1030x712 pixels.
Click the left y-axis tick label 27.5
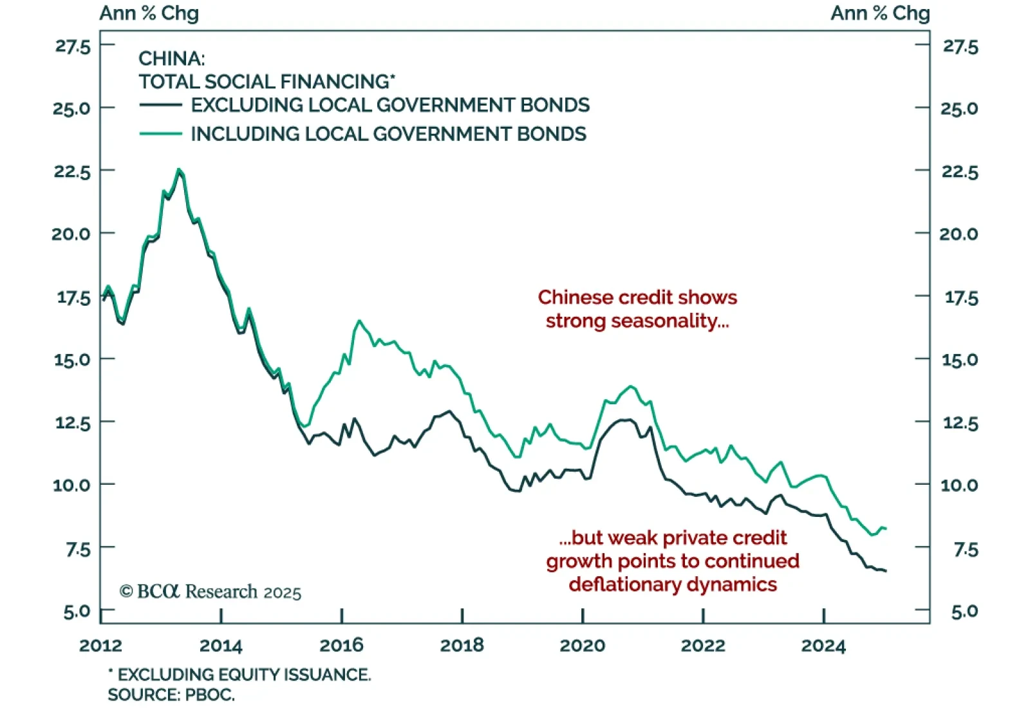73,46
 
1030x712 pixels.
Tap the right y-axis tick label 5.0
964,612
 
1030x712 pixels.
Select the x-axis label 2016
341,646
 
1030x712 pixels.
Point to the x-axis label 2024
823,646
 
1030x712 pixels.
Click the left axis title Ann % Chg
149,14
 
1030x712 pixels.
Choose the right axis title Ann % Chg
879,14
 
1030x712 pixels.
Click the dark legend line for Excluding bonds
160,105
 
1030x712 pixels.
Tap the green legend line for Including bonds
160,134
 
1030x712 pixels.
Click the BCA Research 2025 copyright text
210,592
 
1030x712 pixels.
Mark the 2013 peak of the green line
179,170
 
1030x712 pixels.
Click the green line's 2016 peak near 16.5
359,321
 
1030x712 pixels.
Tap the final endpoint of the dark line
886,571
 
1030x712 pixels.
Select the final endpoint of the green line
886,529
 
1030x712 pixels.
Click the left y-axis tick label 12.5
72,423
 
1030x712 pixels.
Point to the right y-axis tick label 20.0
958,234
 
